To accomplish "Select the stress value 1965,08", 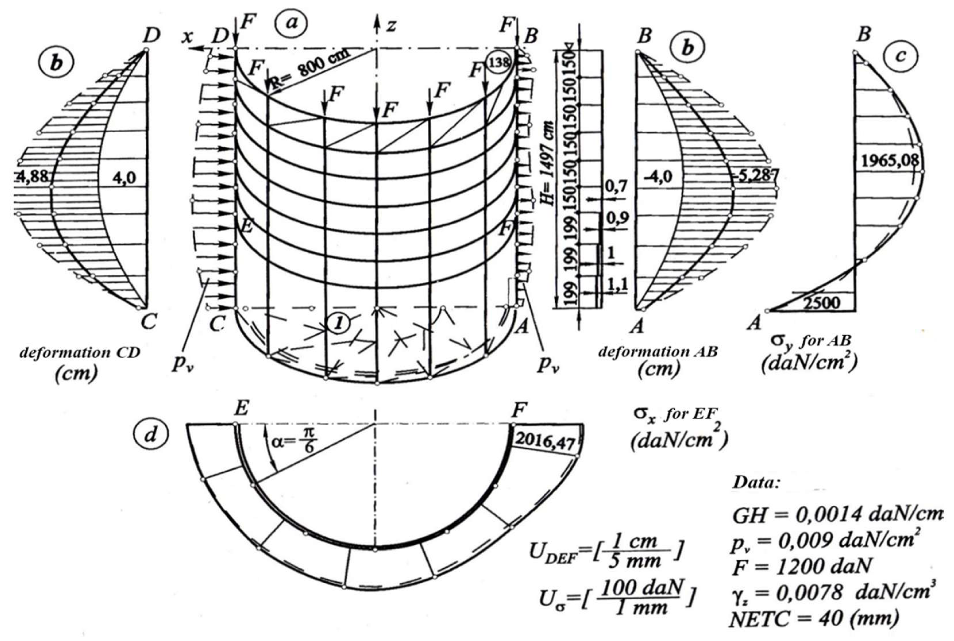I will (890, 161).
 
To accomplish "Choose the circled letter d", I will (150, 435).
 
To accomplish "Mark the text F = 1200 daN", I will (801, 566).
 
